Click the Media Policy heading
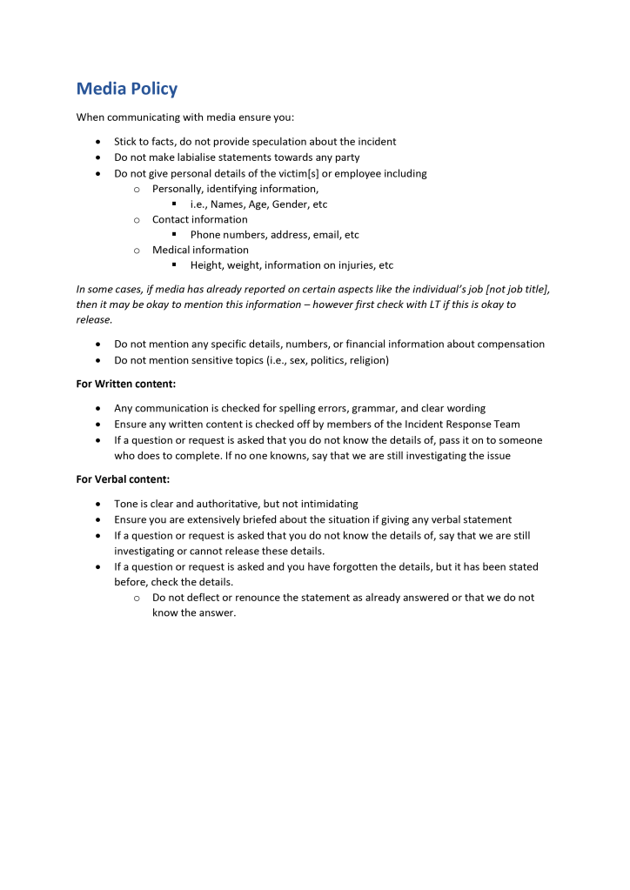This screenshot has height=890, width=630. [x=127, y=89]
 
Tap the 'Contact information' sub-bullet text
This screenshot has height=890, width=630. [x=199, y=219]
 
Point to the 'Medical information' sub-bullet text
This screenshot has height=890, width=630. [x=200, y=250]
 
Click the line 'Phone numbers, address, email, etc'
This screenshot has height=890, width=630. [x=274, y=235]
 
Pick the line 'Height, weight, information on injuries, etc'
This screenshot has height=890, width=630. [x=292, y=265]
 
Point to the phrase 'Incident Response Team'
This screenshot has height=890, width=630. [x=461, y=424]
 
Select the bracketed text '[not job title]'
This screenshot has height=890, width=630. [x=514, y=289]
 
